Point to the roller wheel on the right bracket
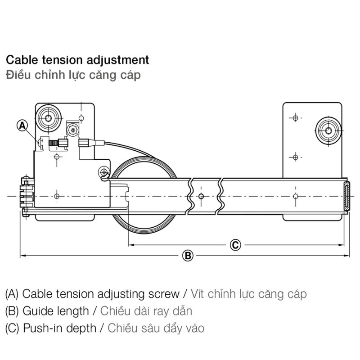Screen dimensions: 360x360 pyautogui.click(x=328, y=131)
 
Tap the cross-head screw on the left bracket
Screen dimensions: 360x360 pyautogui.click(x=73, y=130)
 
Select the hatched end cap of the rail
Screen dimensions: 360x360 pyautogui.click(x=346, y=196)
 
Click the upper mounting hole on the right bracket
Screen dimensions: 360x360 pyautogui.click(x=295, y=118)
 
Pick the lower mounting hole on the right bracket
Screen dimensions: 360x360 pyautogui.click(x=295, y=157)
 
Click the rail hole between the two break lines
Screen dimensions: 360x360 pyautogui.click(x=201, y=196)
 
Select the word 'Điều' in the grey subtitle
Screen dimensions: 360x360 pyautogui.click(x=18, y=75)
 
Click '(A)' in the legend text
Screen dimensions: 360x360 pyautogui.click(x=12, y=294)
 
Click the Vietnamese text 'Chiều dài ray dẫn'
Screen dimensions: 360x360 pyautogui.click(x=147, y=311)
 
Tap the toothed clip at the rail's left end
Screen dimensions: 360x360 pyautogui.click(x=25, y=195)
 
